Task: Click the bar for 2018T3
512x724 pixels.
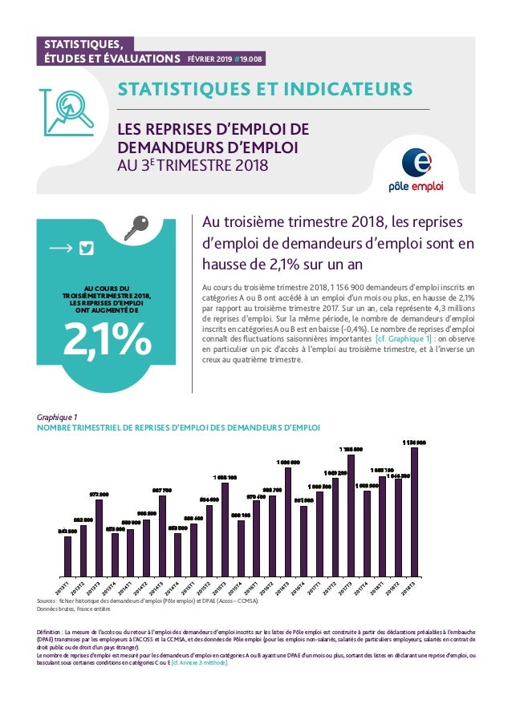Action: tap(414, 512)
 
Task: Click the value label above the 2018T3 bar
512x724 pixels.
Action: tap(414, 443)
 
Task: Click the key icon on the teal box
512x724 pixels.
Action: tap(134, 229)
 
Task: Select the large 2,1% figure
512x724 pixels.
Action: tap(108, 339)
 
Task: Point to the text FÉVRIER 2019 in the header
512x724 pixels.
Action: tap(209, 59)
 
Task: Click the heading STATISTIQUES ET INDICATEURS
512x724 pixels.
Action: tap(265, 87)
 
